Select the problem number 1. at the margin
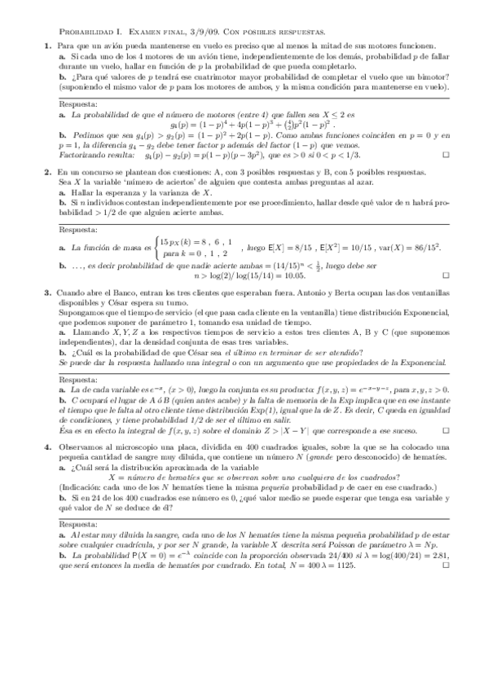click(x=49, y=46)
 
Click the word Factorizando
click(x=91, y=154)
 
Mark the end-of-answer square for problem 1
click(x=445, y=154)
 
